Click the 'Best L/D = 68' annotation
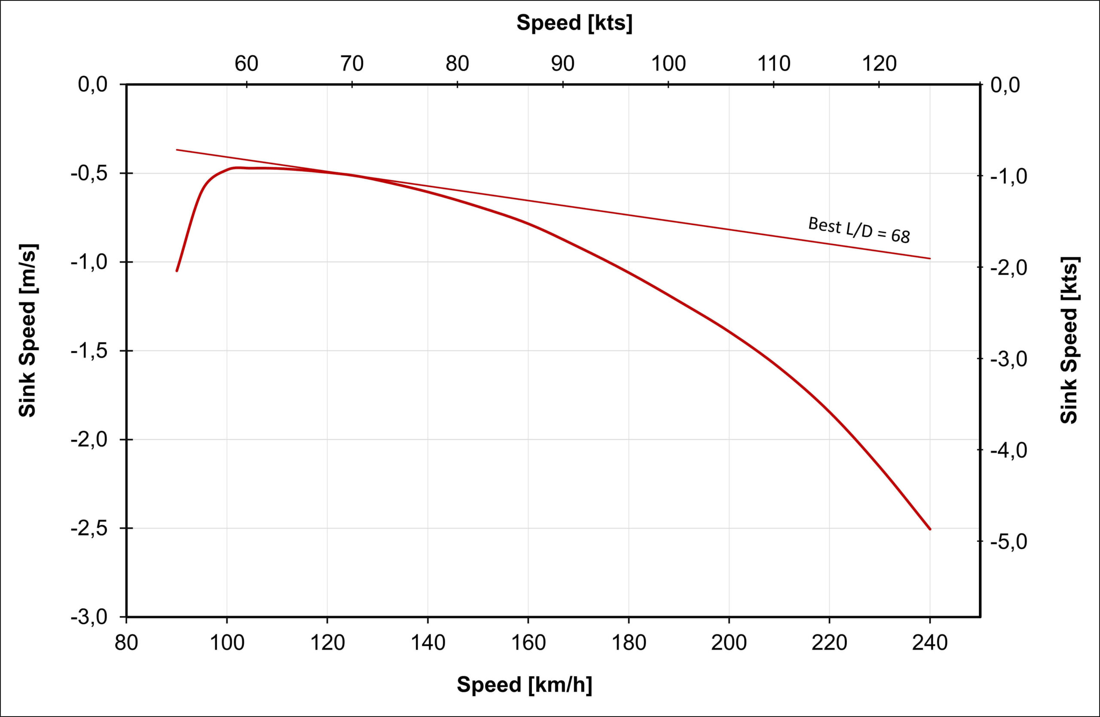[859, 230]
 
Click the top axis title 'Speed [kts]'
[574, 23]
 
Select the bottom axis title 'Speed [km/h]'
[524, 684]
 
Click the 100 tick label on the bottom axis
[227, 643]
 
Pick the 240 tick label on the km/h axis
[930, 643]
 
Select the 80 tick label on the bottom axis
[126, 643]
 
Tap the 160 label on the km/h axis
[528, 643]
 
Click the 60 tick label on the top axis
[246, 64]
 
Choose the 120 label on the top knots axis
[879, 64]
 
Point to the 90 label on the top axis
[562, 64]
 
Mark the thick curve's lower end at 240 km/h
[930, 529]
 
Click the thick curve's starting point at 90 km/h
[177, 271]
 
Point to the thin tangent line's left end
[177, 150]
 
